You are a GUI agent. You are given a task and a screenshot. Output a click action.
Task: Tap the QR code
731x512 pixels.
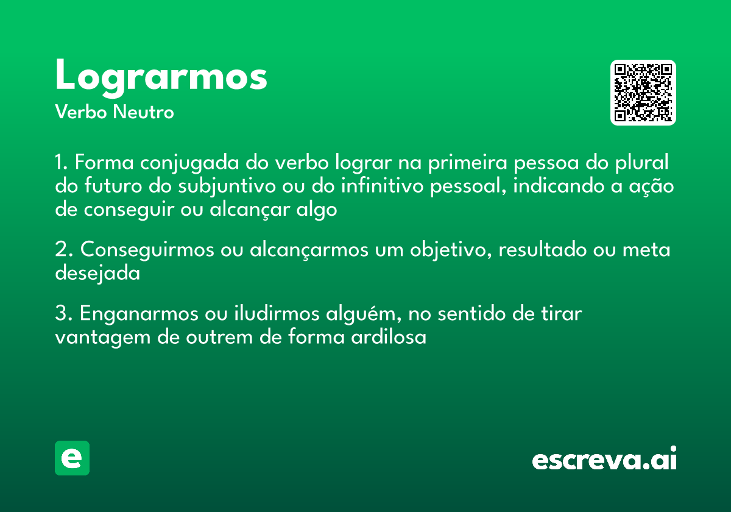tap(643, 93)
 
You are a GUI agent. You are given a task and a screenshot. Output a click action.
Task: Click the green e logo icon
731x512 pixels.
tap(72, 458)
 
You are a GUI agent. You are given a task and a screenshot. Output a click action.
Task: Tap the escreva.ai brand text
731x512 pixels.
tap(604, 460)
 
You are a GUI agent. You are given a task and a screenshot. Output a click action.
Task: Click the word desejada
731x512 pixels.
tap(97, 274)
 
